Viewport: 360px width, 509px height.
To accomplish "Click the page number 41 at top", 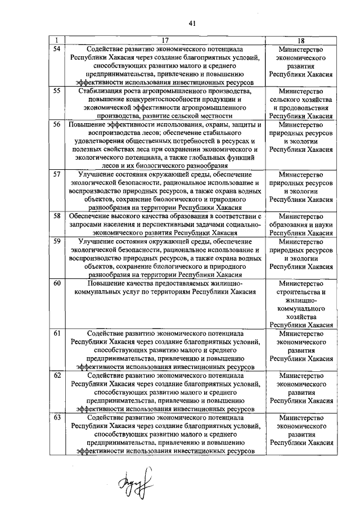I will click(192, 23).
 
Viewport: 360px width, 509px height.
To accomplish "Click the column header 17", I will click(165, 40).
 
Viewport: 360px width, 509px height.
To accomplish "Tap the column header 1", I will click(56, 40).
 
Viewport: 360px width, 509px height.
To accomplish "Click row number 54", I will click(56, 49).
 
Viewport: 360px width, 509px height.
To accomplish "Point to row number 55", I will click(56, 91).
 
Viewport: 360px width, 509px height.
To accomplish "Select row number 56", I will click(56, 124).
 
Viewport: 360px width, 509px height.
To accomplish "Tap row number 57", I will click(56, 174).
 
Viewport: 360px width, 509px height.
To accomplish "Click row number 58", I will click(56, 215).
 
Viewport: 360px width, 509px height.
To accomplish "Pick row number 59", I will click(56, 241).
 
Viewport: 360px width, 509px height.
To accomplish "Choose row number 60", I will click(56, 283).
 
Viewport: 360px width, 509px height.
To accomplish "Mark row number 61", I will click(56, 333).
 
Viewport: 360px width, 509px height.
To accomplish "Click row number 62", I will click(56, 375).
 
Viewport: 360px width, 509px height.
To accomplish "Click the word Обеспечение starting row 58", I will click(88, 215).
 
